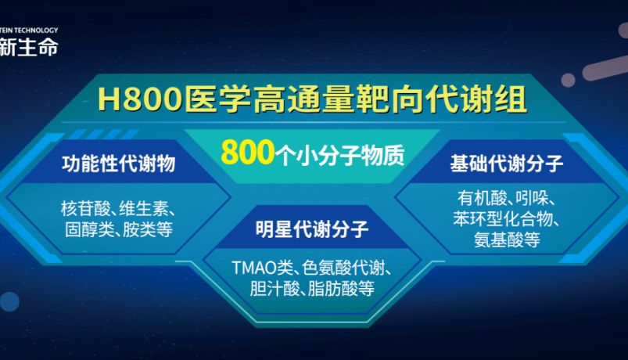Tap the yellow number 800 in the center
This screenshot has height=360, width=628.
242,151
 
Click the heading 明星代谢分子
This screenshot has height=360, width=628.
312,229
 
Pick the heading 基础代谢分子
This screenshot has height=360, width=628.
507,164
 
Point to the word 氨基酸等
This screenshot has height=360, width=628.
506,240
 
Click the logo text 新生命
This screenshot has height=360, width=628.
29,46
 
